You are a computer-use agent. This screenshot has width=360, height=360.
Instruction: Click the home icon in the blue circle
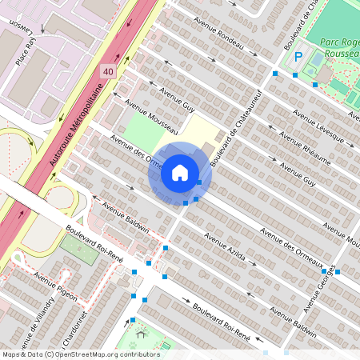tap(179, 172)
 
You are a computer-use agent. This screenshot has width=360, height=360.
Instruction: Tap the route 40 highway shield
tap(107, 71)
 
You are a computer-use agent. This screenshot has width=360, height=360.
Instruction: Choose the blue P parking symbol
tap(298, 57)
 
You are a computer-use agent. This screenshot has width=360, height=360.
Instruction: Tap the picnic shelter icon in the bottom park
tap(141, 335)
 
